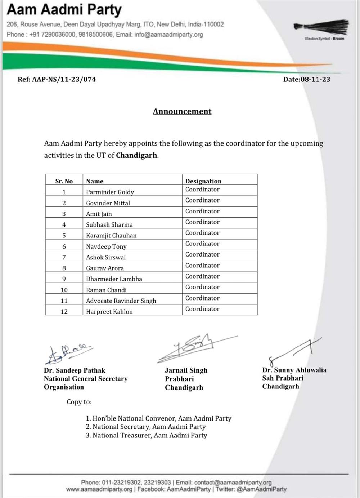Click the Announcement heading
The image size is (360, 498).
pyautogui.click(x=182, y=111)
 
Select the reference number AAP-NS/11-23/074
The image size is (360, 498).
pyautogui.click(x=64, y=79)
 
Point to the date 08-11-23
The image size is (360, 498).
pyautogui.click(x=315, y=79)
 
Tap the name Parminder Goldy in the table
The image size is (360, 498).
pyautogui.click(x=110, y=192)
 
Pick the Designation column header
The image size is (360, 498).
pyautogui.click(x=203, y=181)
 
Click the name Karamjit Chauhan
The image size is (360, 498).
pyautogui.click(x=111, y=235)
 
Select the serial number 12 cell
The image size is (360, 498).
pyautogui.click(x=64, y=311)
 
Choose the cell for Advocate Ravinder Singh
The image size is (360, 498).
pyautogui.click(x=121, y=301)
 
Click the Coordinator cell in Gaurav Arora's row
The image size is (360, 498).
pyautogui.click(x=202, y=266)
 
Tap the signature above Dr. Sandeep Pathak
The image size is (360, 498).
pyautogui.click(x=68, y=353)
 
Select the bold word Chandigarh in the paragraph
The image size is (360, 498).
pyautogui.click(x=136, y=156)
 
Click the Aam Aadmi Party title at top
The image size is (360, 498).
pyautogui.click(x=64, y=10)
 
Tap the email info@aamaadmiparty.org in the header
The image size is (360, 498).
pyautogui.click(x=168, y=35)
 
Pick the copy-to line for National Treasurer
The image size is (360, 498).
pyautogui.click(x=149, y=435)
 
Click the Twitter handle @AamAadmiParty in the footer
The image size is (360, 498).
pyautogui.click(x=262, y=489)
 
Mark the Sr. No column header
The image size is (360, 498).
pyautogui.click(x=64, y=181)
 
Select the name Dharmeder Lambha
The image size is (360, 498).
pyautogui.click(x=114, y=279)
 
